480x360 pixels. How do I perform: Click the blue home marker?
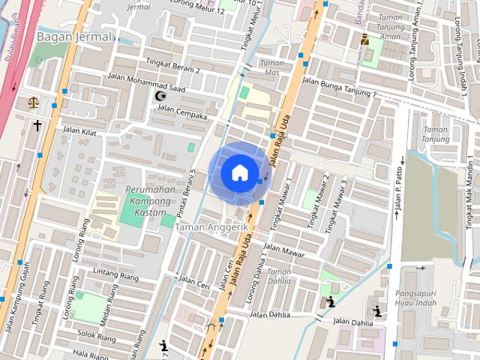coord(238,172)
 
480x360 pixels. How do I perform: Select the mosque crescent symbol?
coord(159,96)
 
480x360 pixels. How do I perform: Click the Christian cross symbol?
coord(37,125)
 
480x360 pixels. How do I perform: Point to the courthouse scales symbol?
coord(33,103)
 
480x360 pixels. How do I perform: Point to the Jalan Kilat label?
coord(79,130)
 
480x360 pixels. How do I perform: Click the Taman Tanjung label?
coord(436,134)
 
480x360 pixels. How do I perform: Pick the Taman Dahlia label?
coord(279,276)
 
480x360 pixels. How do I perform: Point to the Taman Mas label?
coord(271,68)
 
